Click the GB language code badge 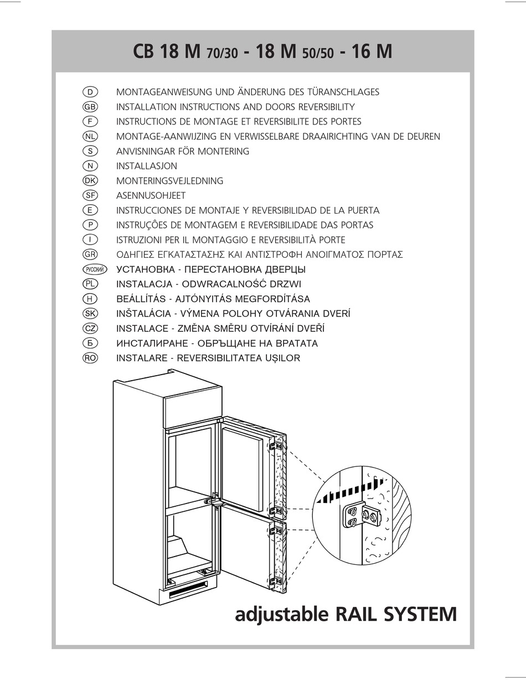click(89, 107)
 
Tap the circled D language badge click(89, 92)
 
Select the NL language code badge click(89, 136)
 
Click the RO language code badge click(89, 358)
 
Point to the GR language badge click(89, 255)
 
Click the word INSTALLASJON click(147, 166)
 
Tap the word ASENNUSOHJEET click(151, 195)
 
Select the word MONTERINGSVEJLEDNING click(169, 181)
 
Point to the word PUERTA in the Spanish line click(360, 210)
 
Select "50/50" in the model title click(318, 54)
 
